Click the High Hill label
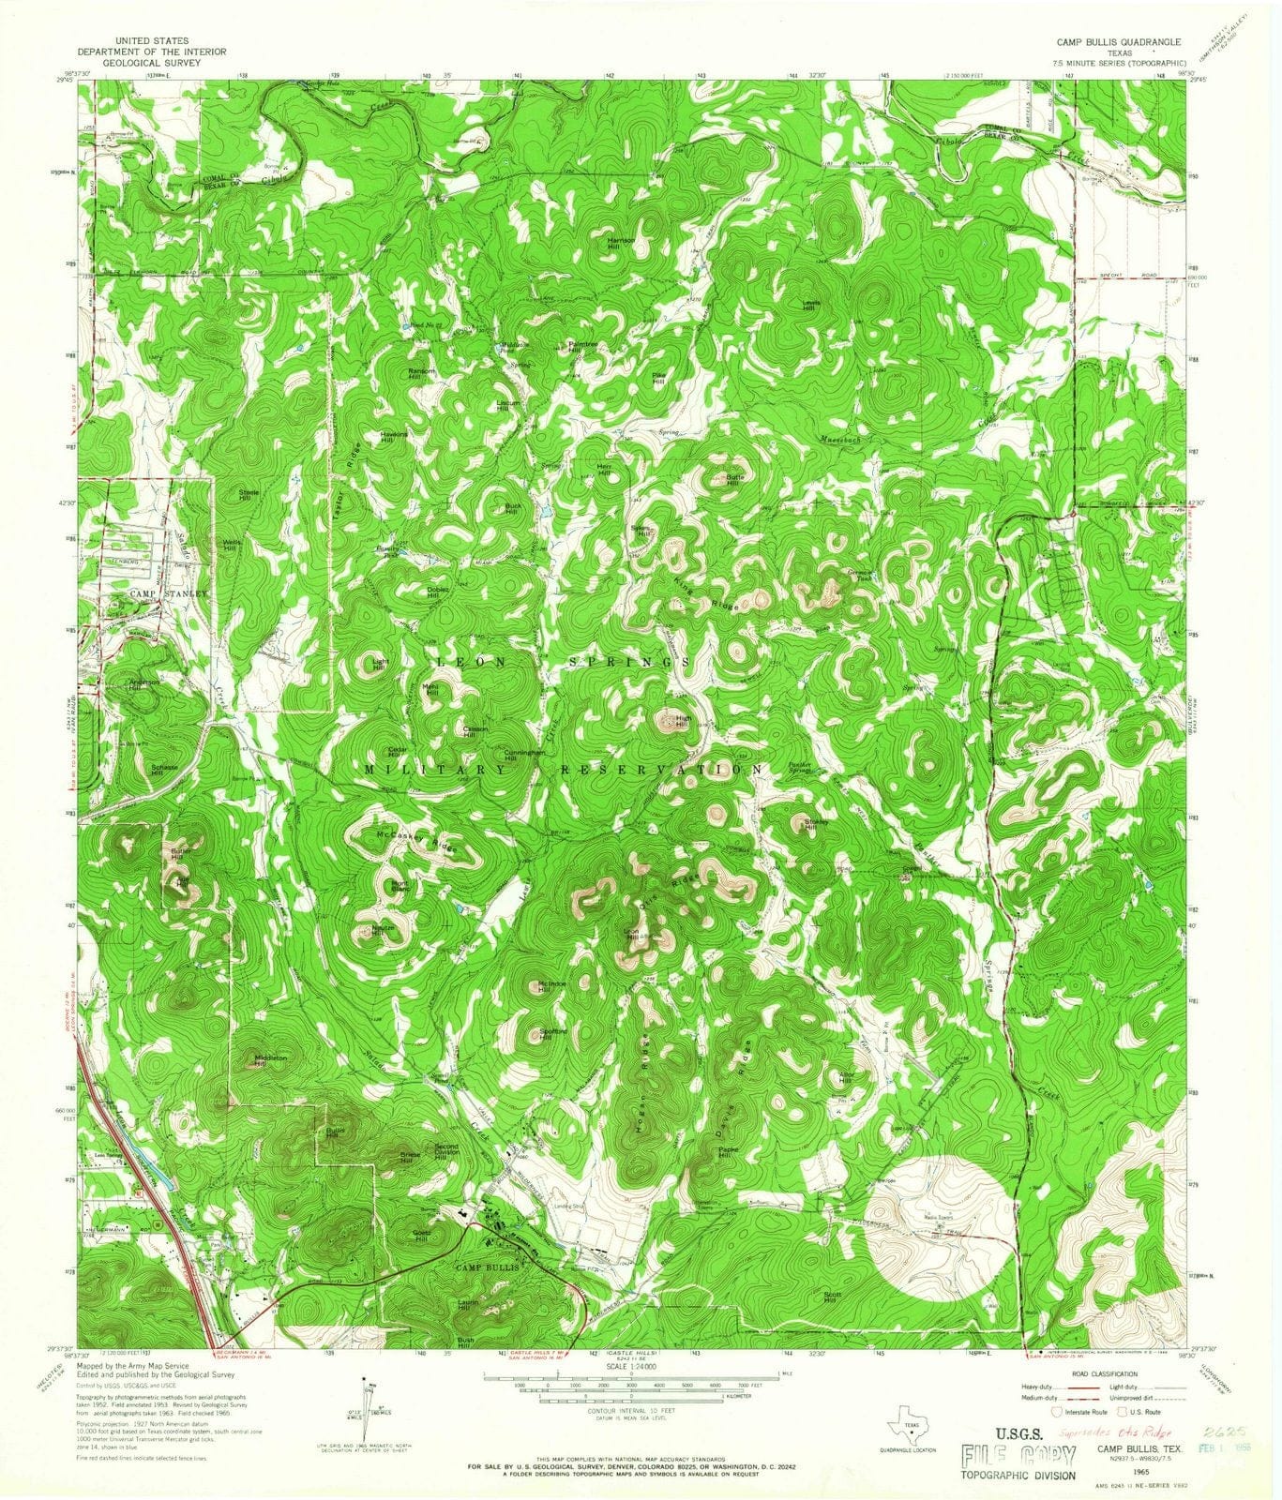pyautogui.click(x=684, y=722)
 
